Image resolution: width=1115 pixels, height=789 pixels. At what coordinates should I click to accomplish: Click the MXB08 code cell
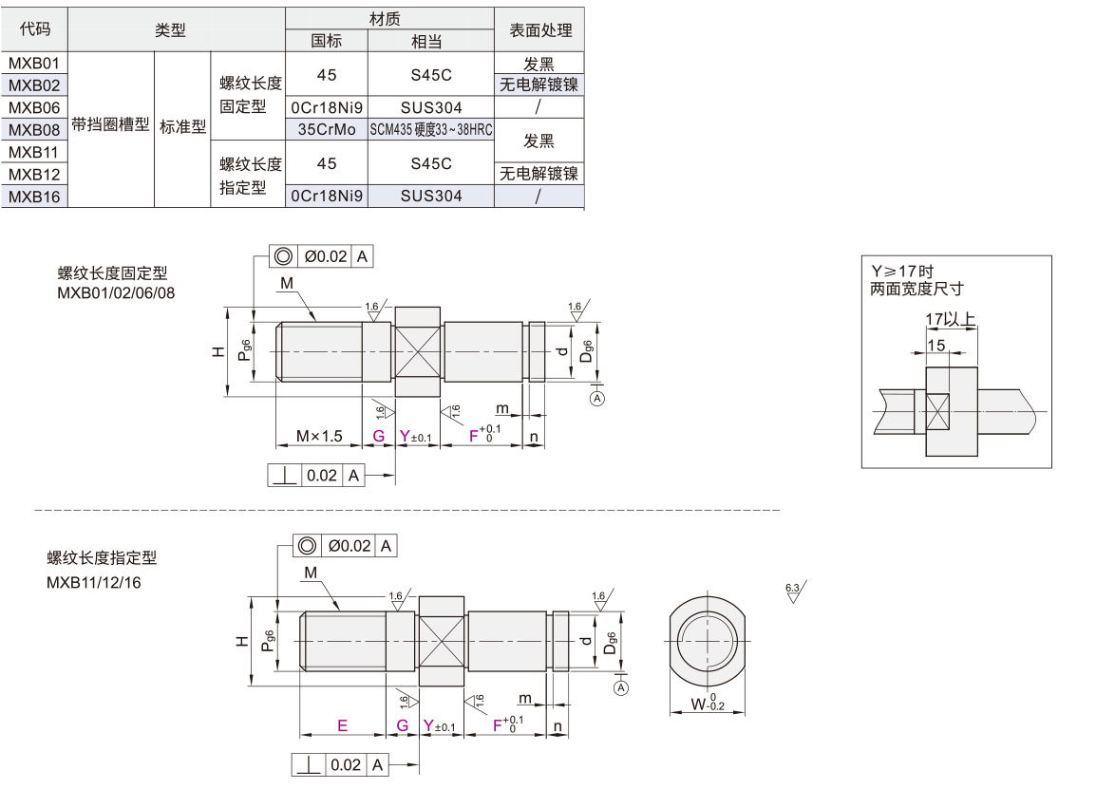34,129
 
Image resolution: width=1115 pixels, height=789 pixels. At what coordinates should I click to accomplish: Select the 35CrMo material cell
327,129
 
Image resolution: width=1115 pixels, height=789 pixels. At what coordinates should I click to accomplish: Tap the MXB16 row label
34,197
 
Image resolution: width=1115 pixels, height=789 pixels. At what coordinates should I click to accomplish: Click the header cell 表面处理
540,30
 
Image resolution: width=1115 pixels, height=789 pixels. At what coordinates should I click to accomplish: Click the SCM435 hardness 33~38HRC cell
431,129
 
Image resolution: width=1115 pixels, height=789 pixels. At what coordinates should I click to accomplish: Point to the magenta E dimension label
342,725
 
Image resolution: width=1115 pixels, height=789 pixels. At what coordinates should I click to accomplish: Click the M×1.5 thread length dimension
319,436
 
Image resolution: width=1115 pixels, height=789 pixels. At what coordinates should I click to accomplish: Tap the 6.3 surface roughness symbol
795,592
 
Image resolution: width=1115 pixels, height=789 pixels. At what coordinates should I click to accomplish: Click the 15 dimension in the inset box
936,346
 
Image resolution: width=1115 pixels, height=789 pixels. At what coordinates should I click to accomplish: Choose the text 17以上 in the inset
951,321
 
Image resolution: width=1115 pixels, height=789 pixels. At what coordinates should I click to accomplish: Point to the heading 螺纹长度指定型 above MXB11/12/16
102,558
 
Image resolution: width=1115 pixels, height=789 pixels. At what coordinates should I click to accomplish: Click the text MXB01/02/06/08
116,292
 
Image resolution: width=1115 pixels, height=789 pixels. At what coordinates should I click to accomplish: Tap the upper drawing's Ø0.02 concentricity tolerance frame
323,256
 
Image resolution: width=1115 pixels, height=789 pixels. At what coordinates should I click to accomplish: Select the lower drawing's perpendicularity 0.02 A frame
341,764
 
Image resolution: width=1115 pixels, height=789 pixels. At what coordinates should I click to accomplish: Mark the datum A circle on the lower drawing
621,687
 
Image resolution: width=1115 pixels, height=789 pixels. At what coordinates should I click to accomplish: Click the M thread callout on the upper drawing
287,284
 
